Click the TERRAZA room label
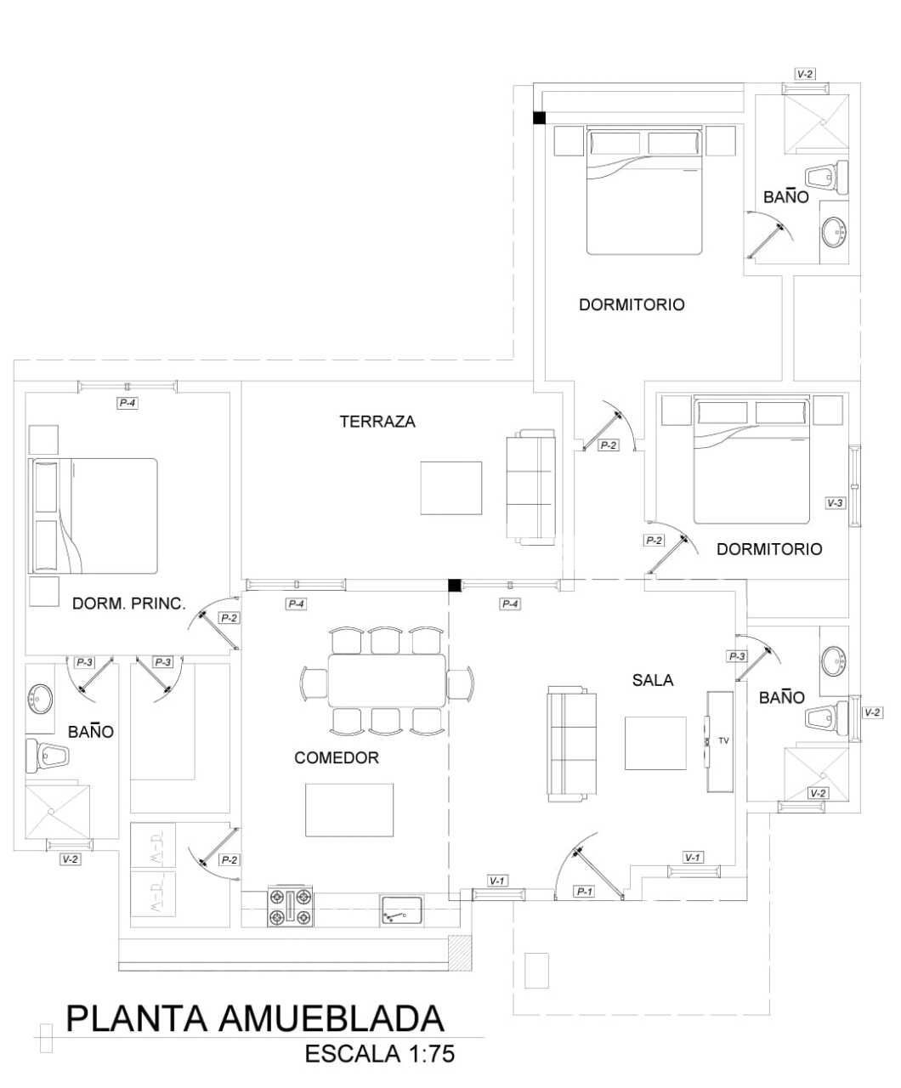click(x=377, y=422)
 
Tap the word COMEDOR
click(x=337, y=758)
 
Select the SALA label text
click(x=653, y=680)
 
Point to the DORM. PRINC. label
click(x=128, y=604)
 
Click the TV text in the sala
click(x=723, y=741)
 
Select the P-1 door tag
click(x=584, y=892)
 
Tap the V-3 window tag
click(x=836, y=502)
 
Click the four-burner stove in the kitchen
click(x=291, y=907)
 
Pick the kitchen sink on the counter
click(x=401, y=911)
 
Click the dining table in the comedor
click(x=387, y=680)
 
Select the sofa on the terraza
click(x=530, y=488)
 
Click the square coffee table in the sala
click(x=655, y=744)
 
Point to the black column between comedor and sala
click(x=455, y=585)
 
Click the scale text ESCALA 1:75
click(x=380, y=1054)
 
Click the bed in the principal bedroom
click(x=94, y=516)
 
